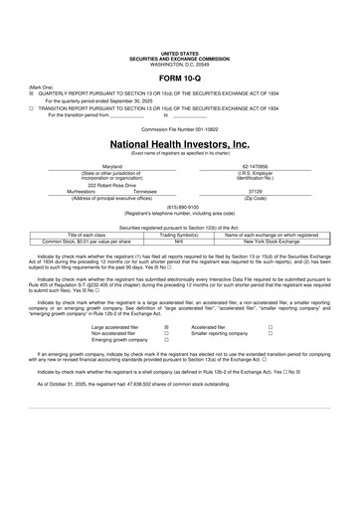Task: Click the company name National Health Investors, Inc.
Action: click(x=179, y=143)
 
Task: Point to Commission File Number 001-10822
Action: click(x=179, y=129)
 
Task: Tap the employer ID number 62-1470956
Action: click(x=257, y=167)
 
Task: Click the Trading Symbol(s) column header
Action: click(x=180, y=235)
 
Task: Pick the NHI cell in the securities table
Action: click(x=180, y=242)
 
